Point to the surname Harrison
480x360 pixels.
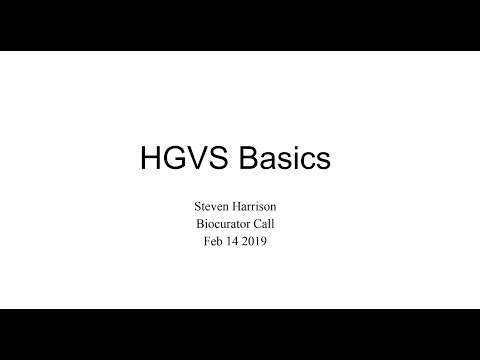coord(260,207)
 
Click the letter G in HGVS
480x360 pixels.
coord(170,159)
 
